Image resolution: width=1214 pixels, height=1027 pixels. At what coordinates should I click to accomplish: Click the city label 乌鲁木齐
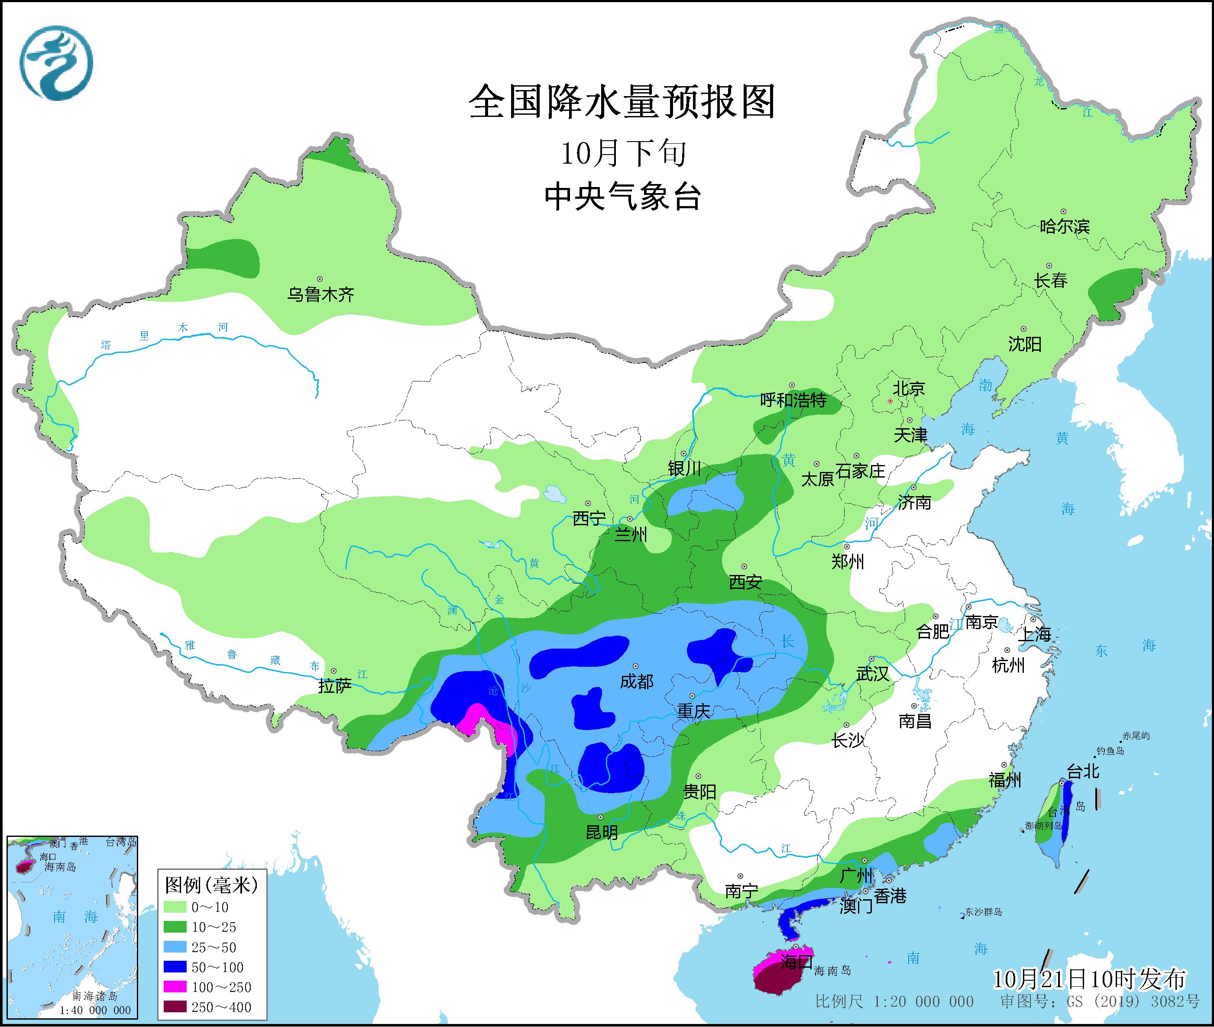click(320, 294)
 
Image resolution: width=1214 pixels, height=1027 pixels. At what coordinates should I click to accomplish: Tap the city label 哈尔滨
click(1064, 226)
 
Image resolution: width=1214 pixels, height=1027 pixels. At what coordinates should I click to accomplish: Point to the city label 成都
click(636, 681)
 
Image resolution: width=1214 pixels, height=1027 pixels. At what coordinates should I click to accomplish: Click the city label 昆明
click(602, 833)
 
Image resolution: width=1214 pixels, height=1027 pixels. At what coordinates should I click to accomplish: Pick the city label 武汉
click(872, 674)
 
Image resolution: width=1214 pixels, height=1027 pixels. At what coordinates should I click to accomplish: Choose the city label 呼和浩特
click(793, 400)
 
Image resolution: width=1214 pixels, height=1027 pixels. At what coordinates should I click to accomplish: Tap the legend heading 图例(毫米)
click(211, 885)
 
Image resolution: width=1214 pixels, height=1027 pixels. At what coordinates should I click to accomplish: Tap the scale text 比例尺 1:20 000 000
click(894, 1001)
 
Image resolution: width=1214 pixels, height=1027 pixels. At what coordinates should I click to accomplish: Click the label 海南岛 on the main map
click(832, 971)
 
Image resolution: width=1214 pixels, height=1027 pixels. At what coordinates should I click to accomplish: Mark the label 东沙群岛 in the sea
click(984, 912)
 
